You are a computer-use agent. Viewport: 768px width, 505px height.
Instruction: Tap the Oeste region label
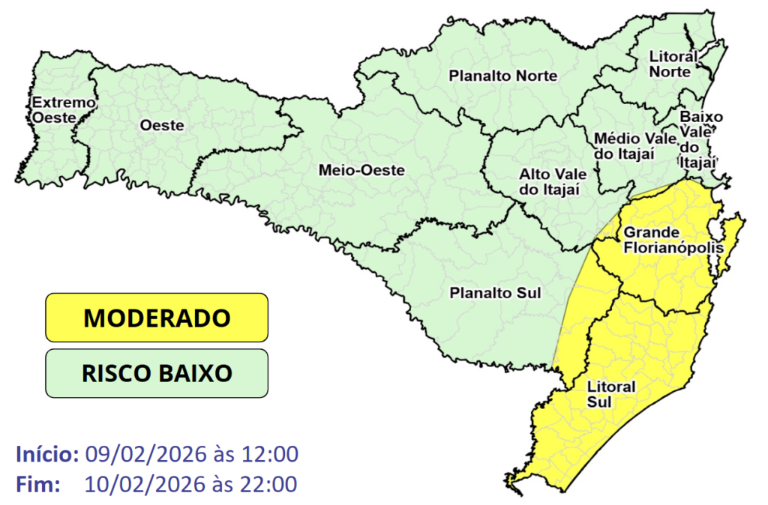162,126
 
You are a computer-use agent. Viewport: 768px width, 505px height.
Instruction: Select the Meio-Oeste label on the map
361,170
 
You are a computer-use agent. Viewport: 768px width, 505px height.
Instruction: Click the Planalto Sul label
495,292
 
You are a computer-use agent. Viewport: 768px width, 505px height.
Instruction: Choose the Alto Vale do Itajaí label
550,181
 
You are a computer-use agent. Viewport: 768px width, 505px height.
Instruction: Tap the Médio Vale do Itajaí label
624,146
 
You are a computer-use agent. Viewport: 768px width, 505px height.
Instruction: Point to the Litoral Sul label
601,394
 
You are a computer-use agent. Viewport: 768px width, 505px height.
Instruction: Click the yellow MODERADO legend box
156,318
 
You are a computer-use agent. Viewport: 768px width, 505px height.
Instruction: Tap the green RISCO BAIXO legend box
156,372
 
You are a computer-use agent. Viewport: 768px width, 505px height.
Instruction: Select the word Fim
37,484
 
